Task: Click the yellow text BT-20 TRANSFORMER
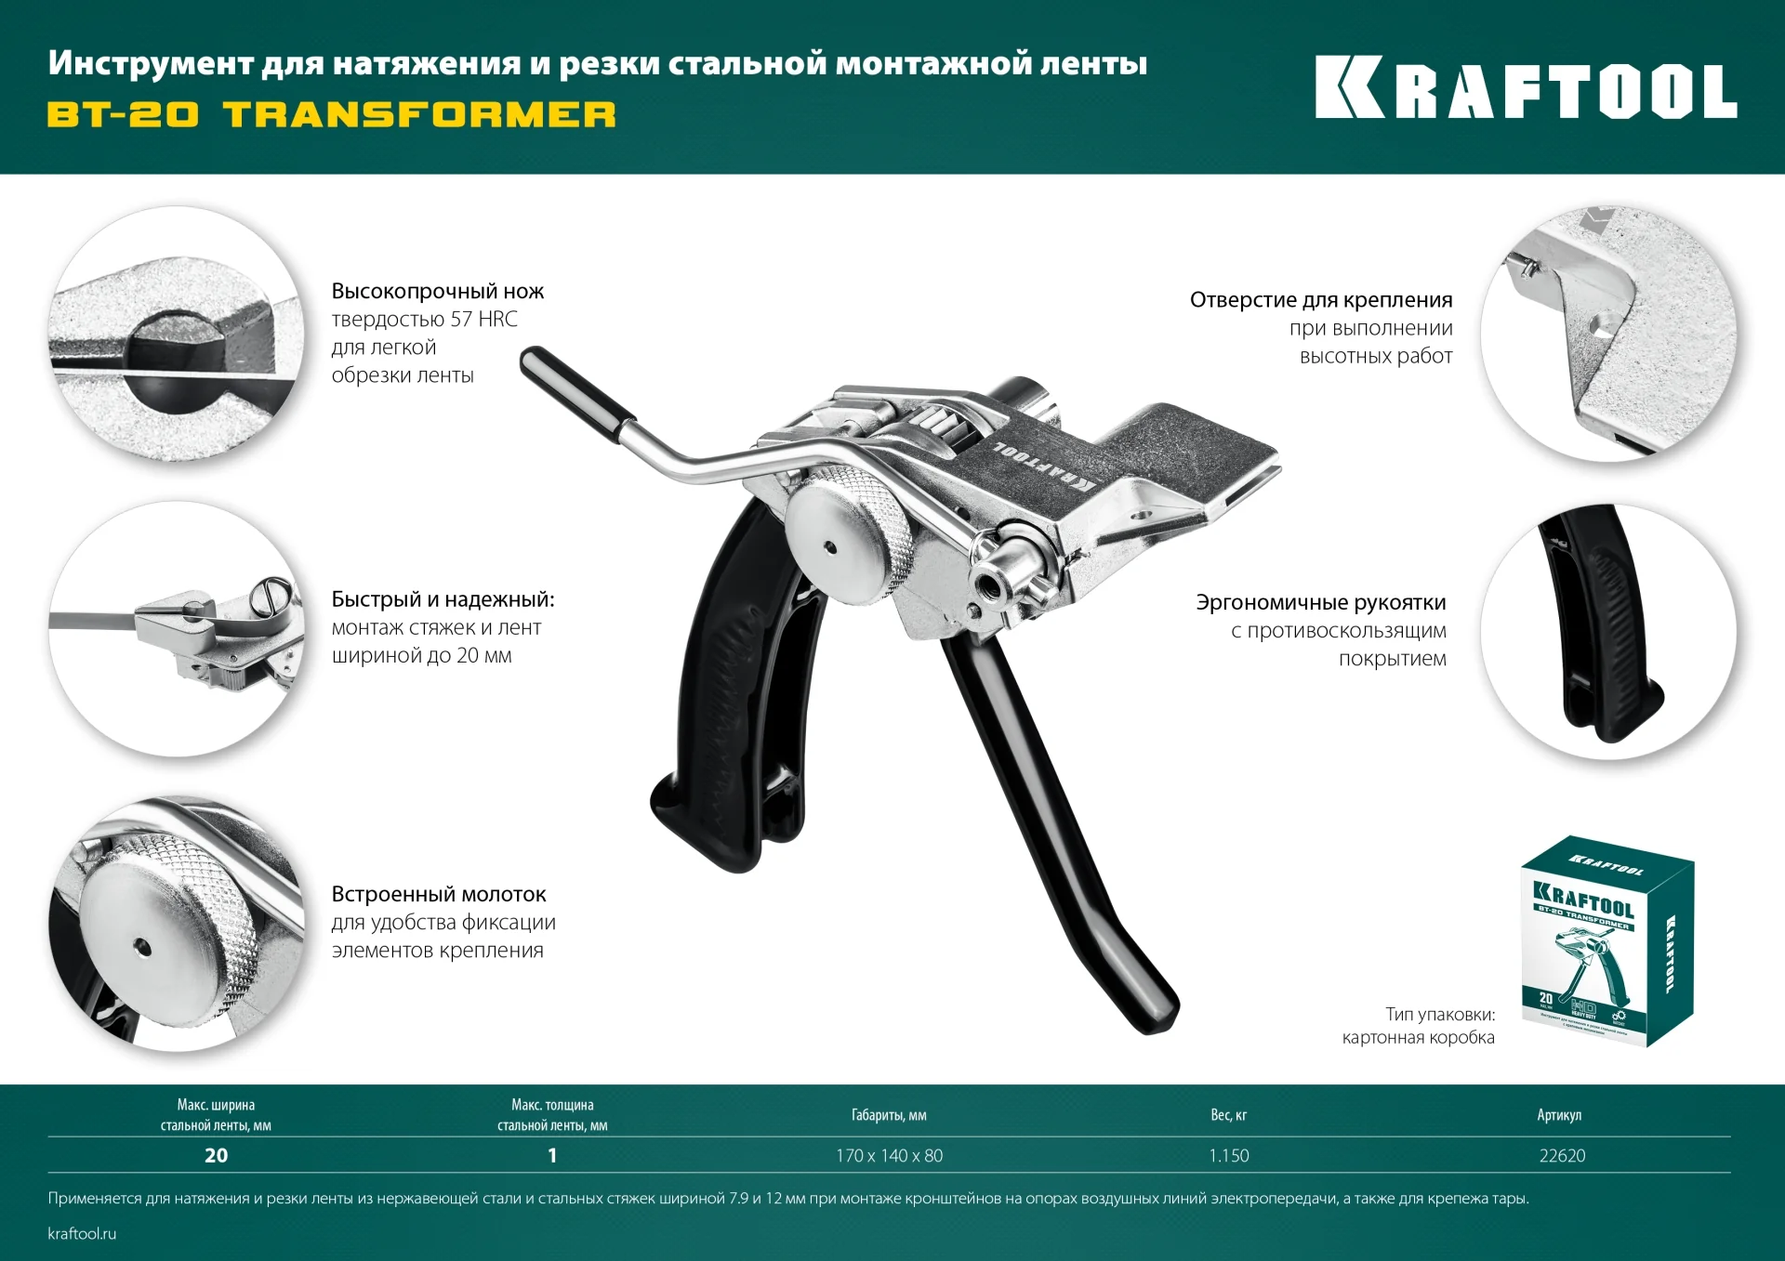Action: pyautogui.click(x=331, y=114)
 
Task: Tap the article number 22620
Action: pyautogui.click(x=1562, y=1155)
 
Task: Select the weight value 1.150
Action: pyautogui.click(x=1228, y=1155)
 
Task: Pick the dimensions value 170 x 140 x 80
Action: pyautogui.click(x=889, y=1155)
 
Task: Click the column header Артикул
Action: pyautogui.click(x=1559, y=1114)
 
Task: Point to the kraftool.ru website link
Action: pyautogui.click(x=82, y=1233)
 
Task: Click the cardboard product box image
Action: pyautogui.click(x=1606, y=940)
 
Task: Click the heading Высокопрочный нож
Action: pyautogui.click(x=437, y=291)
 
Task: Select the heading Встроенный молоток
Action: pyautogui.click(x=438, y=894)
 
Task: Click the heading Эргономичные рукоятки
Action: pyautogui.click(x=1320, y=602)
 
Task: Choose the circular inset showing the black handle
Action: pyautogui.click(x=1607, y=632)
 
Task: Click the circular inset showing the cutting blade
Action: pyautogui.click(x=177, y=335)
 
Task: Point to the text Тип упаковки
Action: pyautogui.click(x=1440, y=1014)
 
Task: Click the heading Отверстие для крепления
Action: pyautogui.click(x=1320, y=299)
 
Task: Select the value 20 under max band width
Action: pyautogui.click(x=216, y=1155)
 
